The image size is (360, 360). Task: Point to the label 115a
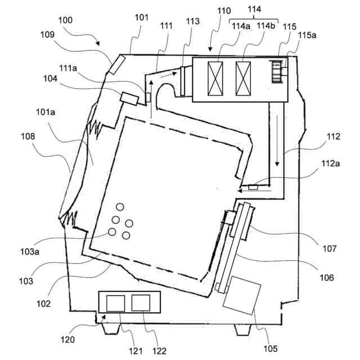click(308, 35)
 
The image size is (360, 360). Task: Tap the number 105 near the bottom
click(271, 348)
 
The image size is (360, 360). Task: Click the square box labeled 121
click(116, 303)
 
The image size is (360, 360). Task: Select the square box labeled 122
click(140, 303)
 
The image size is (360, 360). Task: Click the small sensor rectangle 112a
click(253, 187)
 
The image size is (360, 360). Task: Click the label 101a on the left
click(46, 112)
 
